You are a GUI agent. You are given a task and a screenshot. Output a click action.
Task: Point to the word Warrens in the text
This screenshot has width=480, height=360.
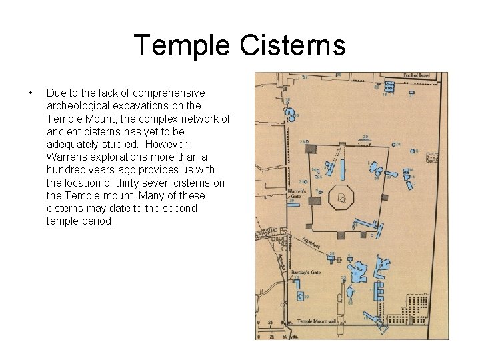tap(67, 157)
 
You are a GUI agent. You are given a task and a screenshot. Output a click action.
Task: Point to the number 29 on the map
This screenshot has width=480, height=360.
tap(365, 137)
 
